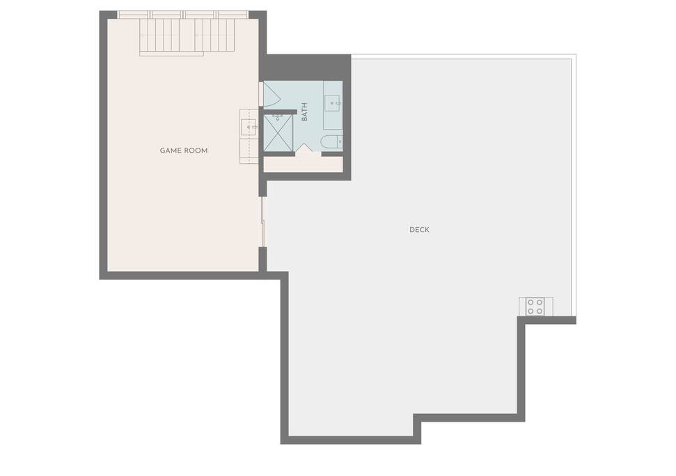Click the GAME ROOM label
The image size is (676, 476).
184,151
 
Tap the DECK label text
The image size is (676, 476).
419,229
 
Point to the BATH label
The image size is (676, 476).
304,112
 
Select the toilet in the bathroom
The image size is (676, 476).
332,142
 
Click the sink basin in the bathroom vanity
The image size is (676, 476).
332,102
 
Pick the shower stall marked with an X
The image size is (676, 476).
278,133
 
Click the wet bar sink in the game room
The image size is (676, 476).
249,128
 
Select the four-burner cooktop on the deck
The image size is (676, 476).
535,307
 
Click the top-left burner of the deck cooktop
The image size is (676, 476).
530,302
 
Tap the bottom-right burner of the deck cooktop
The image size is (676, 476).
540,311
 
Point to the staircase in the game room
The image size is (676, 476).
187,36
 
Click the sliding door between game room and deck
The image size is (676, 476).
262,222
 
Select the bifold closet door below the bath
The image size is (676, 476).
304,148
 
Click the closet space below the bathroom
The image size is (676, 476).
303,164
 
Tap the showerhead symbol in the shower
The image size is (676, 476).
278,117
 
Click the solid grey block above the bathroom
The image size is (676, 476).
305,68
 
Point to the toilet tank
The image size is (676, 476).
340,142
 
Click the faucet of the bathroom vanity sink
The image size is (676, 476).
338,103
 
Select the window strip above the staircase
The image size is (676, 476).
183,15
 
